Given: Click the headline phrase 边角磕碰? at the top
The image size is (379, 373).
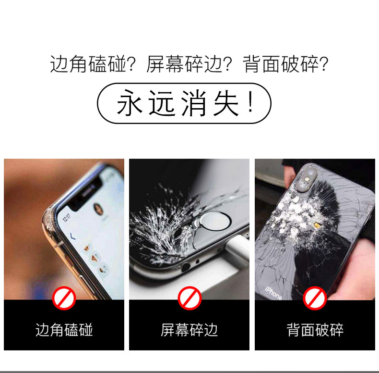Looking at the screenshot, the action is coord(92,64).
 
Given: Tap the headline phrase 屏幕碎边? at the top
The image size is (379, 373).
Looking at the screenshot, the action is coord(189,64).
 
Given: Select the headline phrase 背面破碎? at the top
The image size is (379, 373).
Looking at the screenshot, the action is coord(286,64).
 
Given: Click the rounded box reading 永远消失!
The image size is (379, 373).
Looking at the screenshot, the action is coord(184,103).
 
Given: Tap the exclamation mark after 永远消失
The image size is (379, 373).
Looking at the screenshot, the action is coord(251,102).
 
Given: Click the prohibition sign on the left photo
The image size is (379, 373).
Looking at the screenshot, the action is coord(64,298).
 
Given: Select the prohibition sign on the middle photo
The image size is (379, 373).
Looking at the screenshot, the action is coord(189,298).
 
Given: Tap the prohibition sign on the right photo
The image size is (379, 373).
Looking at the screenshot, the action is coord(315,298).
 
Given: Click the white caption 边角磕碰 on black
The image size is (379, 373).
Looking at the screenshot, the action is coord(64,330).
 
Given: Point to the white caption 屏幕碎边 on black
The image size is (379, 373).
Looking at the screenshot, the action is coord(189,330).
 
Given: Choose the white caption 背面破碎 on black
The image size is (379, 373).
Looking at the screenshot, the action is coord(315,330).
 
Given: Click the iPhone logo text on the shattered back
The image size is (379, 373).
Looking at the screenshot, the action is coord(273,293).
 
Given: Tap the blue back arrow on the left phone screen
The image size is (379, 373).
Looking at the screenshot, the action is coord(73,236).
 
